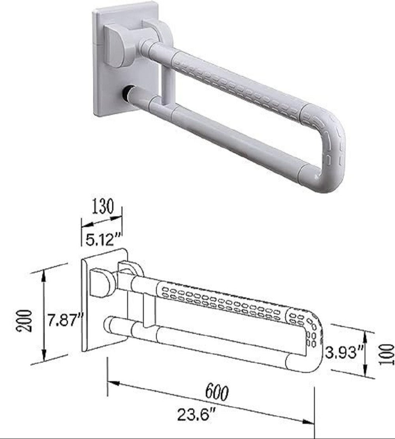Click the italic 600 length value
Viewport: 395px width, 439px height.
(217, 392)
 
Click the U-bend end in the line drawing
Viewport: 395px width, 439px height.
(312, 344)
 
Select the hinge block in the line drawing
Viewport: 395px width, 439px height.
(102, 283)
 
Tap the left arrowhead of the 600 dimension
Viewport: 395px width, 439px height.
(111, 382)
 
